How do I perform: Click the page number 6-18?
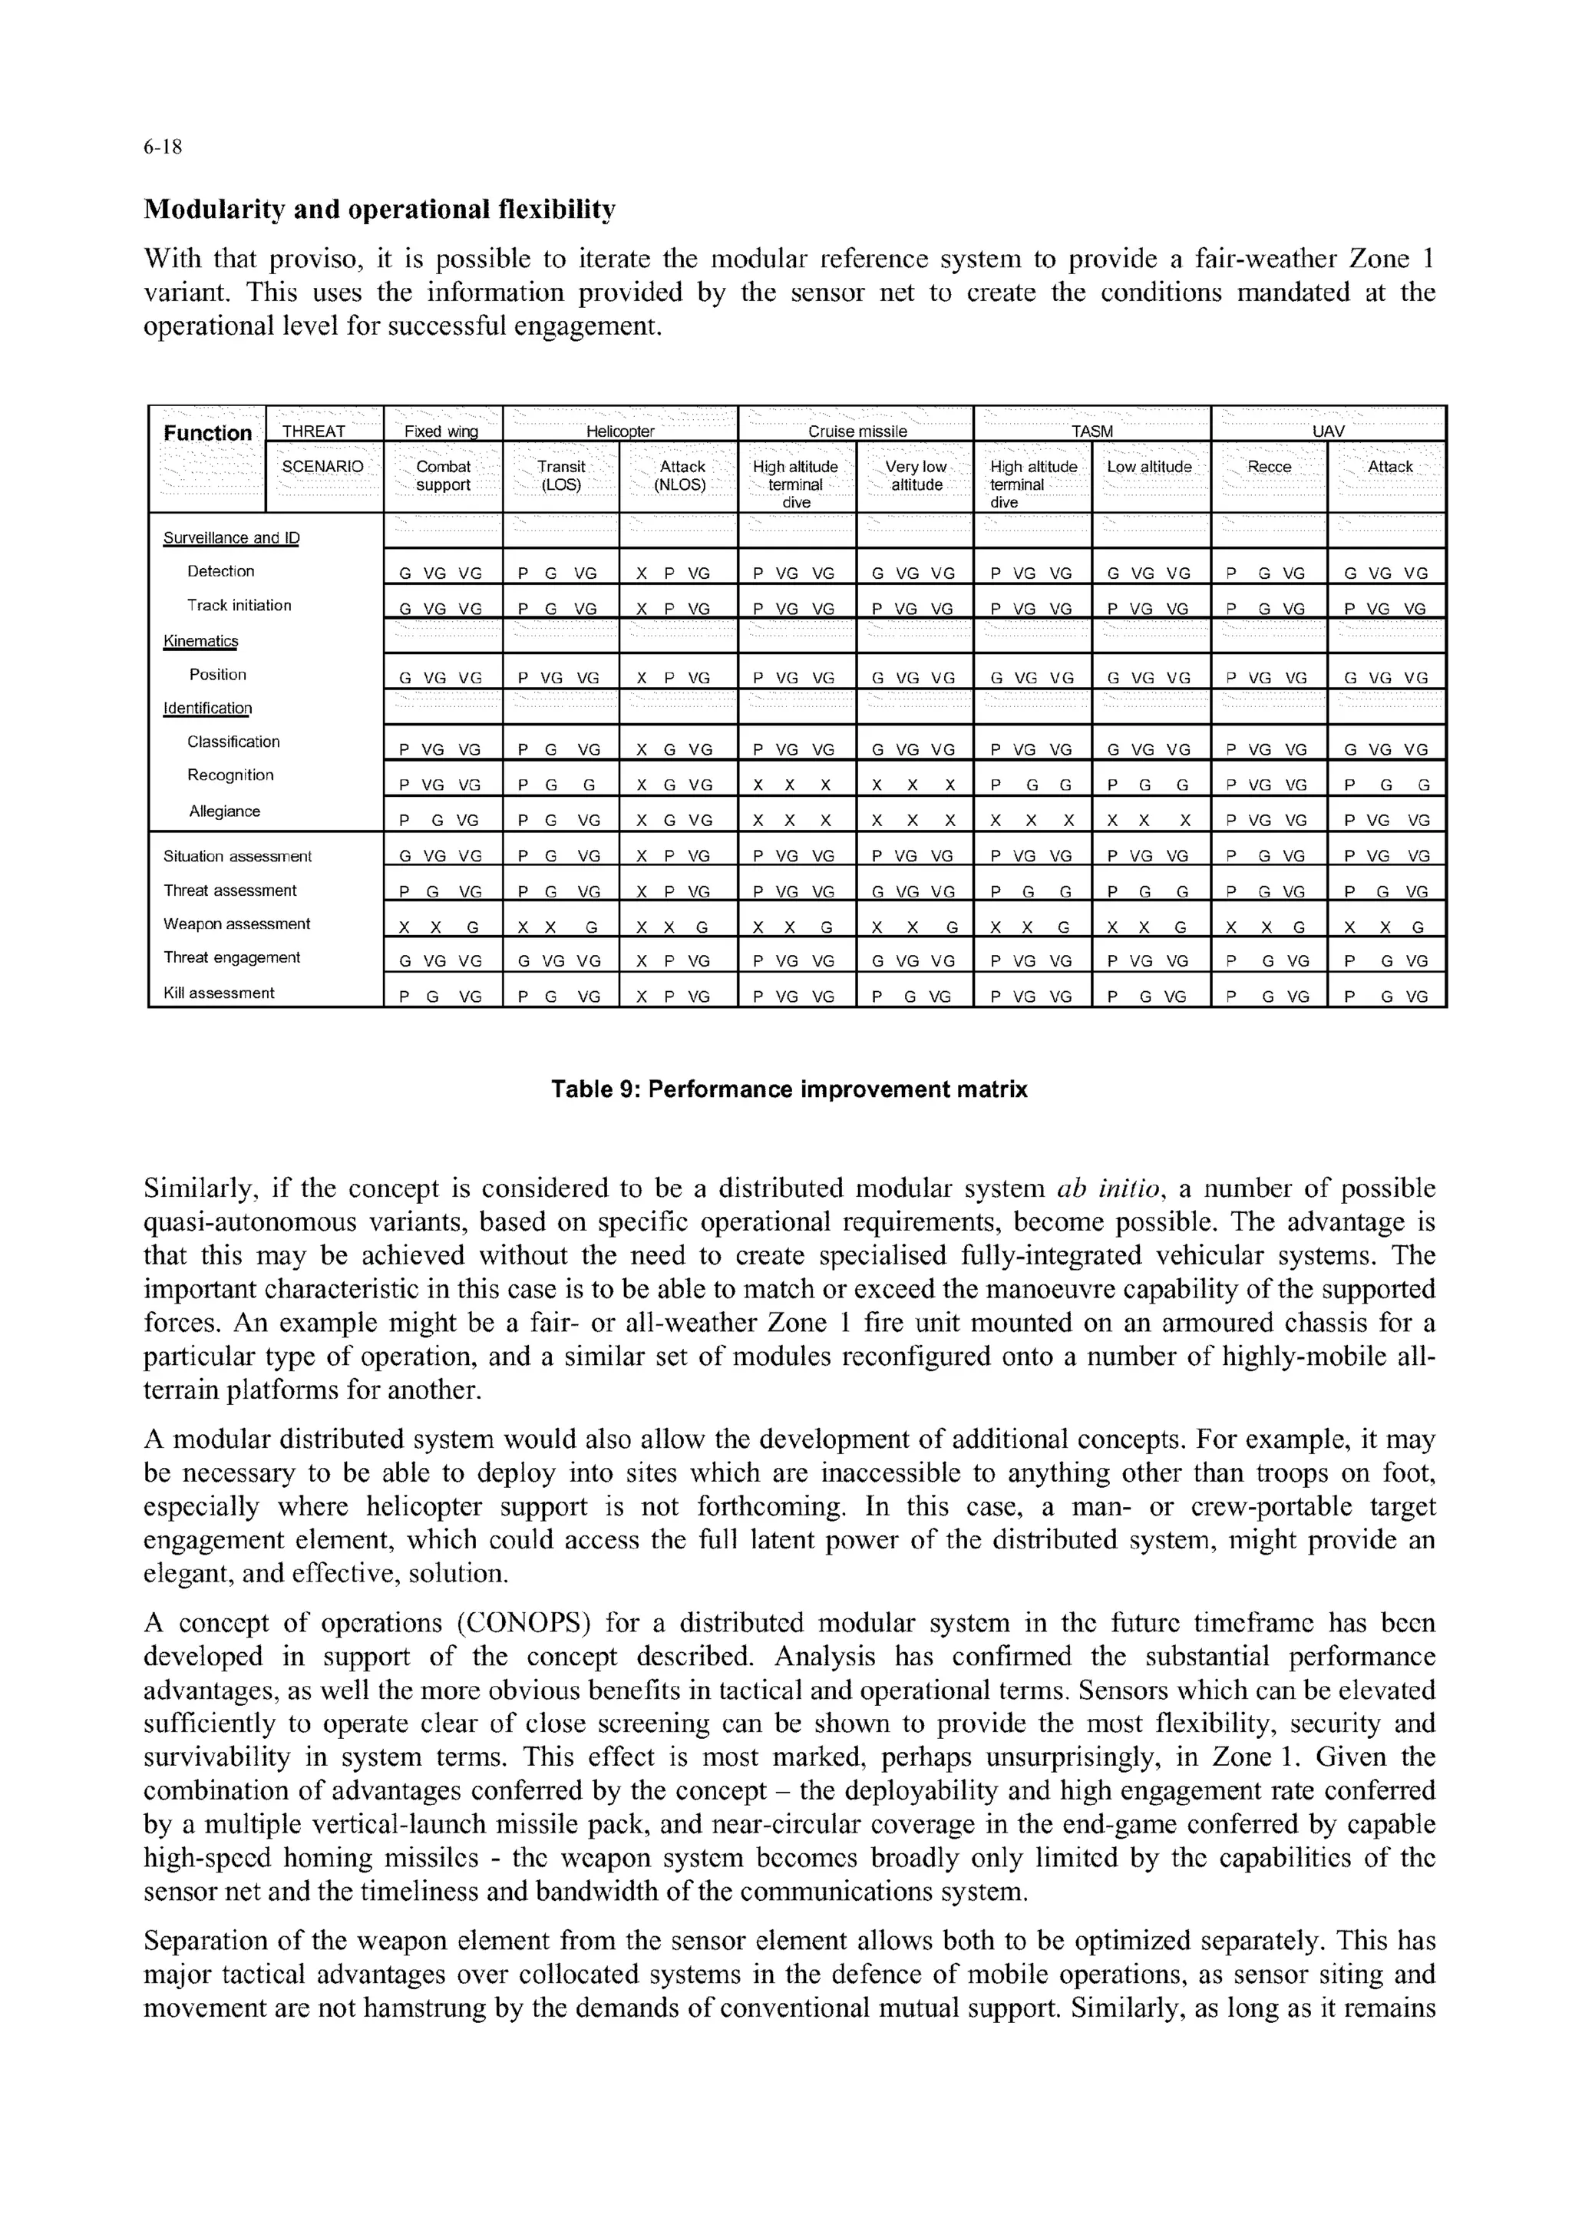pos(163,147)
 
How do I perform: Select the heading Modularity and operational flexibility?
pos(378,209)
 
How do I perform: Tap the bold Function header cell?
pos(207,433)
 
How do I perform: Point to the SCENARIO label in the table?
pos(322,467)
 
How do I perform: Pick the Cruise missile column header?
pos(857,431)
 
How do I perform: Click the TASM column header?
pos(1092,431)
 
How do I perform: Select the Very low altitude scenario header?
pos(916,475)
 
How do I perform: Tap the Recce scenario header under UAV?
pos(1269,467)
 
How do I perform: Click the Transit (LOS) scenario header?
pos(560,475)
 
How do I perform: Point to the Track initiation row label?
pos(239,605)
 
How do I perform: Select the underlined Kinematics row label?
pos(200,641)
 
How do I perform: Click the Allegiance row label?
pos(225,811)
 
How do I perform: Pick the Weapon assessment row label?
pos(236,924)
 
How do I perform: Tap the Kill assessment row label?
pos(219,993)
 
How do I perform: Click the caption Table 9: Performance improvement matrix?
pos(789,1089)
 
